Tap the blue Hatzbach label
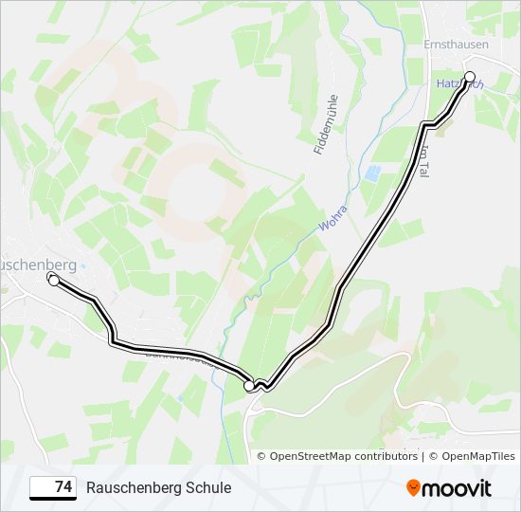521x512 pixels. pos(459,84)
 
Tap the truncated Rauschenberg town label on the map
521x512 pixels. pos(38,264)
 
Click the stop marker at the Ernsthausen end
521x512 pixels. pos(470,77)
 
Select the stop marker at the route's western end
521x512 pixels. pos(53,280)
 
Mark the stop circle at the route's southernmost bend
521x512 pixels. pos(250,385)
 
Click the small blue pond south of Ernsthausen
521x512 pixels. pos(373,173)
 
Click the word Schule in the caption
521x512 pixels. pos(208,487)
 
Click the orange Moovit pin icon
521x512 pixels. pos(413,488)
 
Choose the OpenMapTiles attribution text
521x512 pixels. pos(477,456)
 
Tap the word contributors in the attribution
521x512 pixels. pos(385,456)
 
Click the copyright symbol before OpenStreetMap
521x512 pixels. pos(262,456)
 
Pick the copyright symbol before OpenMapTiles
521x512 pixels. pos(433,456)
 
